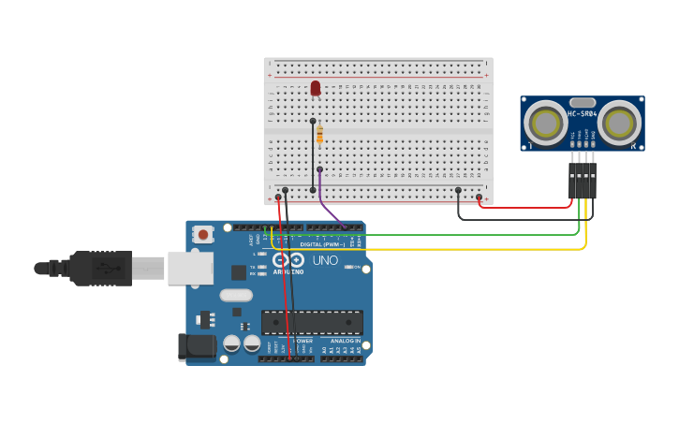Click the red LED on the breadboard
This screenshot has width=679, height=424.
316,88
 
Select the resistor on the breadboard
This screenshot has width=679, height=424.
319,136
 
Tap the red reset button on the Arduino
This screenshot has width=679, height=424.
202,235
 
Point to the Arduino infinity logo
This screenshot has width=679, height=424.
288,260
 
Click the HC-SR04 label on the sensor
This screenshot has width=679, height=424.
583,114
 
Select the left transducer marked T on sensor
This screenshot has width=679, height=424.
544,122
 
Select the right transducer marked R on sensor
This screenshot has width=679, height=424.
620,122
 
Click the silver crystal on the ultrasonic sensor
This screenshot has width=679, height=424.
583,102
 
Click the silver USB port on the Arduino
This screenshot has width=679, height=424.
190,268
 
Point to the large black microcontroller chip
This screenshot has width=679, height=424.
312,323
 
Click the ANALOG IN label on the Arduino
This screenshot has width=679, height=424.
345,341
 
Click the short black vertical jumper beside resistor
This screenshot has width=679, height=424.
313,154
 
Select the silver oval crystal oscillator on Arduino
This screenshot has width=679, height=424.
236,295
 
